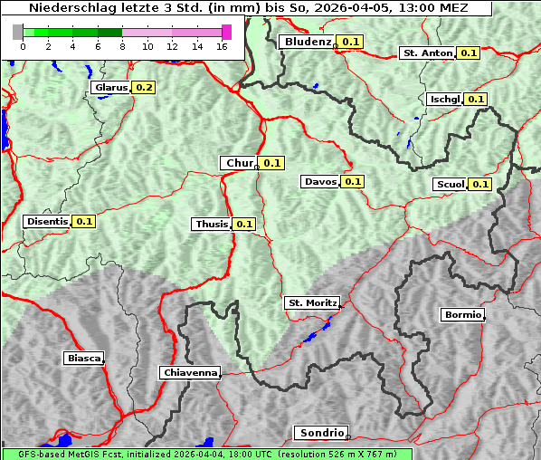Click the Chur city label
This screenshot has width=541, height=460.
coord(239,163)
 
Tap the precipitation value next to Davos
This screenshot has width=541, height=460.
coord(353,182)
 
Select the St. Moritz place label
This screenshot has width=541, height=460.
coord(311,302)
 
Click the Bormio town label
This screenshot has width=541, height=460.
coord(461,315)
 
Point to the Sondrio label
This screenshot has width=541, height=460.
coord(320,433)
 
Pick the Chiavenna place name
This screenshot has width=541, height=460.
coord(189,372)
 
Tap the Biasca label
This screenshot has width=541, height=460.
coord(83,358)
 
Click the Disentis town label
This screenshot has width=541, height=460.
coord(47,221)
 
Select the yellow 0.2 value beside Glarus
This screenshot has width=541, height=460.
coord(144,88)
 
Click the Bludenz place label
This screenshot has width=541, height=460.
coord(308,42)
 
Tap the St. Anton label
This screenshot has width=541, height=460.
coord(427,53)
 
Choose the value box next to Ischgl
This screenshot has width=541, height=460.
coord(476,100)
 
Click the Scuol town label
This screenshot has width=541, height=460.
coord(450,185)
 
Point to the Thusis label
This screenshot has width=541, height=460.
coord(211,224)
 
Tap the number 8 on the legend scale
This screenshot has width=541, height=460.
coord(122,46)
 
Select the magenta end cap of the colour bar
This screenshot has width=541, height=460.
coord(226,32)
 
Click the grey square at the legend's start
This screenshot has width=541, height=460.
coord(18,32)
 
